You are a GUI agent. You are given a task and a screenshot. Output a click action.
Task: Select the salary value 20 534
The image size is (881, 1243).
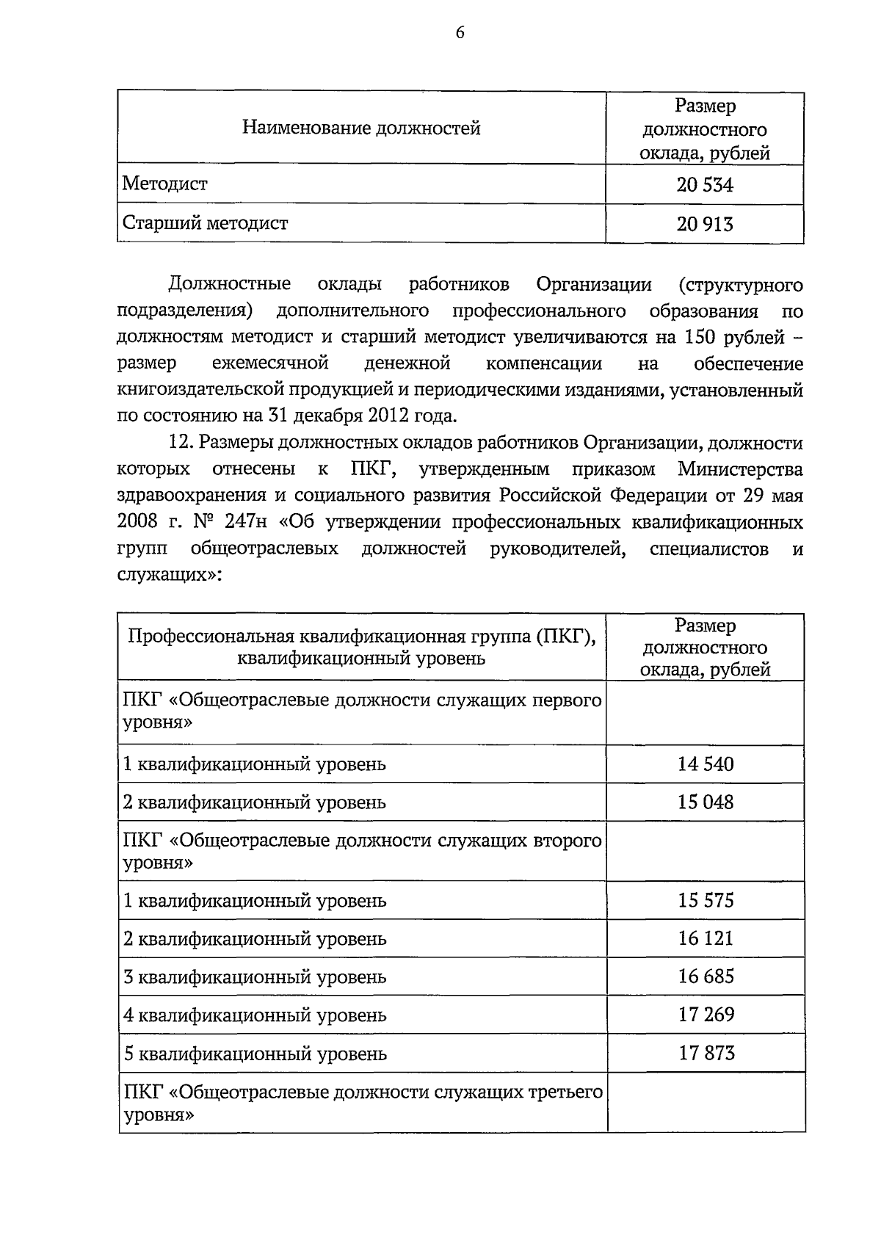[705, 185]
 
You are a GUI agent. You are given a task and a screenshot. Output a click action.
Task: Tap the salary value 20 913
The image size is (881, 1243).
[705, 224]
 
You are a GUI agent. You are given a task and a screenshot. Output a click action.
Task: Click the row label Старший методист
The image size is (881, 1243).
[206, 223]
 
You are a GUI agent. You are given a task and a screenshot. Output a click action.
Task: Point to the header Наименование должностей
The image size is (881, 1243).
[361, 128]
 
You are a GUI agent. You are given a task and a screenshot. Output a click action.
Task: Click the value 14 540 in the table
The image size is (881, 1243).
[706, 764]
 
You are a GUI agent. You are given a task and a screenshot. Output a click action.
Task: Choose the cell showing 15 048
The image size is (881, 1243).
[706, 802]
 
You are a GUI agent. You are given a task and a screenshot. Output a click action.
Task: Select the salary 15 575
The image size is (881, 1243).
[706, 901]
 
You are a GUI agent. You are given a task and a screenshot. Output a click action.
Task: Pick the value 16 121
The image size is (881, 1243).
[706, 938]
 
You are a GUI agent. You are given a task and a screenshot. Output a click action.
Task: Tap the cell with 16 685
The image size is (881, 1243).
[706, 976]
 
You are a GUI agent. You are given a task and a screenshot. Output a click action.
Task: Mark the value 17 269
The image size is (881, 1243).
[706, 1015]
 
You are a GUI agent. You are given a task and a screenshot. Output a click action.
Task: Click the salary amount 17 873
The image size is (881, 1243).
[706, 1054]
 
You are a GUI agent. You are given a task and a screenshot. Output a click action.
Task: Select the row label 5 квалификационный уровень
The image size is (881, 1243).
[255, 1054]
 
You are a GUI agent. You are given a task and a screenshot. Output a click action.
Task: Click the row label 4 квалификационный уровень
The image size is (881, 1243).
[255, 1016]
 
